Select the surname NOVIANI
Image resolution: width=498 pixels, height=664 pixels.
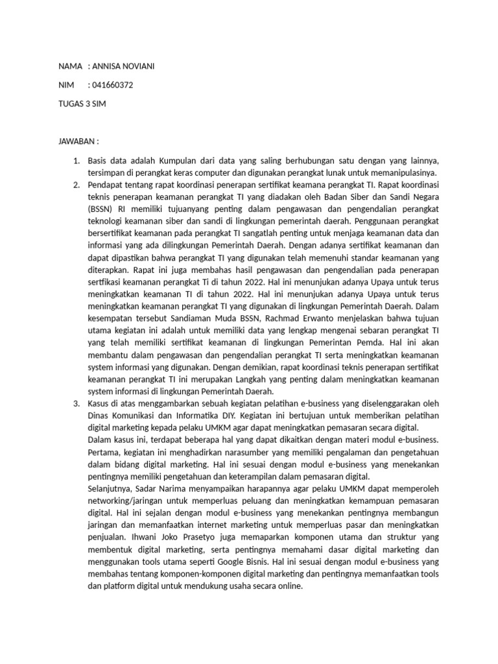pyautogui.click(x=140, y=67)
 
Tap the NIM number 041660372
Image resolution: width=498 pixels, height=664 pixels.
pyautogui.click(x=115, y=85)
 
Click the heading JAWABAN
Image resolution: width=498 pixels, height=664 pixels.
pyautogui.click(x=77, y=141)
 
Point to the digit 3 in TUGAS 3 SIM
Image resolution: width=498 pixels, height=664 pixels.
pyautogui.click(x=88, y=104)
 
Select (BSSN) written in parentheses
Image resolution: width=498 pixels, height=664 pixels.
pyautogui.click(x=101, y=209)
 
